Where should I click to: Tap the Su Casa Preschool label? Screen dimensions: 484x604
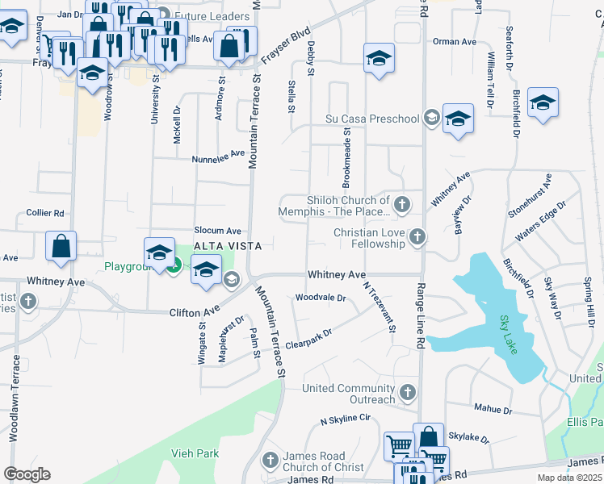372,119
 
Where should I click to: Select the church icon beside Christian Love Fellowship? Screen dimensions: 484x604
417,236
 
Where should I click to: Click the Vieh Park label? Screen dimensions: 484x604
195,453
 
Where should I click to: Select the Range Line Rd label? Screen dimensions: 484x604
421,315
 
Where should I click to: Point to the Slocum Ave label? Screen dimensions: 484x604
217,231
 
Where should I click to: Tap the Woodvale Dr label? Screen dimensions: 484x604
321,298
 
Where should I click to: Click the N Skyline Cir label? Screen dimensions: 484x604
345,419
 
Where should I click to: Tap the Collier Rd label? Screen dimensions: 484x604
44,213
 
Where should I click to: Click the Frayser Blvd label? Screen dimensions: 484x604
286,48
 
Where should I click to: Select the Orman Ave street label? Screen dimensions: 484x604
455,41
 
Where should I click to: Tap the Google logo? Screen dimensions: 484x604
27,474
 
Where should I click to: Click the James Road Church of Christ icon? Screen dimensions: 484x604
271,461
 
